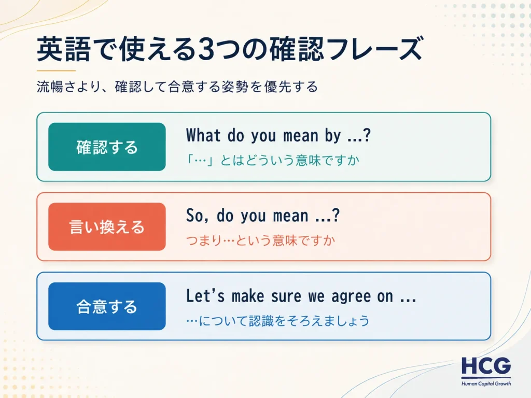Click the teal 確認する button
point(107,147)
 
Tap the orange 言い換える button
point(107,227)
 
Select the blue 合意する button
point(107,306)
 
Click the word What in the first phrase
point(203,135)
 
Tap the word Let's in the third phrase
point(205,295)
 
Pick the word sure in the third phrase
point(286,297)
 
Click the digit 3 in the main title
point(206,49)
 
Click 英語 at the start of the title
point(64,49)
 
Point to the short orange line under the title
point(56,70)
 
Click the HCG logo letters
point(486,366)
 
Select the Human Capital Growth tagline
point(486,383)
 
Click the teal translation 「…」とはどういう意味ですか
point(273,160)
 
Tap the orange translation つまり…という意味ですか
point(260,240)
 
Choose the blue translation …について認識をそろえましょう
point(277,320)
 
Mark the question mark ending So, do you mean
point(336,215)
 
